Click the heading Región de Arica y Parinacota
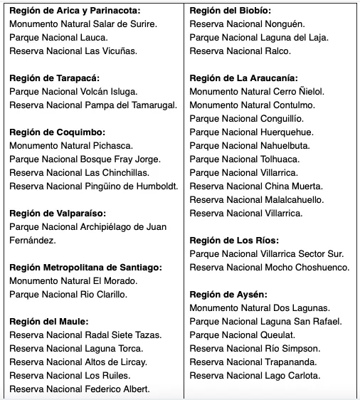[75, 11]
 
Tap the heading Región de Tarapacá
[54, 78]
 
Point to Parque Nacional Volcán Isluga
[73, 92]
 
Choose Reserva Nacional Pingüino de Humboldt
[93, 186]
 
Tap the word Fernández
[33, 240]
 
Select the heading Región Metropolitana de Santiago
[86, 267]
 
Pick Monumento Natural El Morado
[73, 280]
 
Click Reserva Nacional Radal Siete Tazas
[85, 335]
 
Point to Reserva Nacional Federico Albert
[80, 389]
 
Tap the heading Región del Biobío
[230, 11]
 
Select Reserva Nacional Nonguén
[242, 24]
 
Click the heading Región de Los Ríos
[234, 240]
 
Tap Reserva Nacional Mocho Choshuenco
[270, 267]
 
